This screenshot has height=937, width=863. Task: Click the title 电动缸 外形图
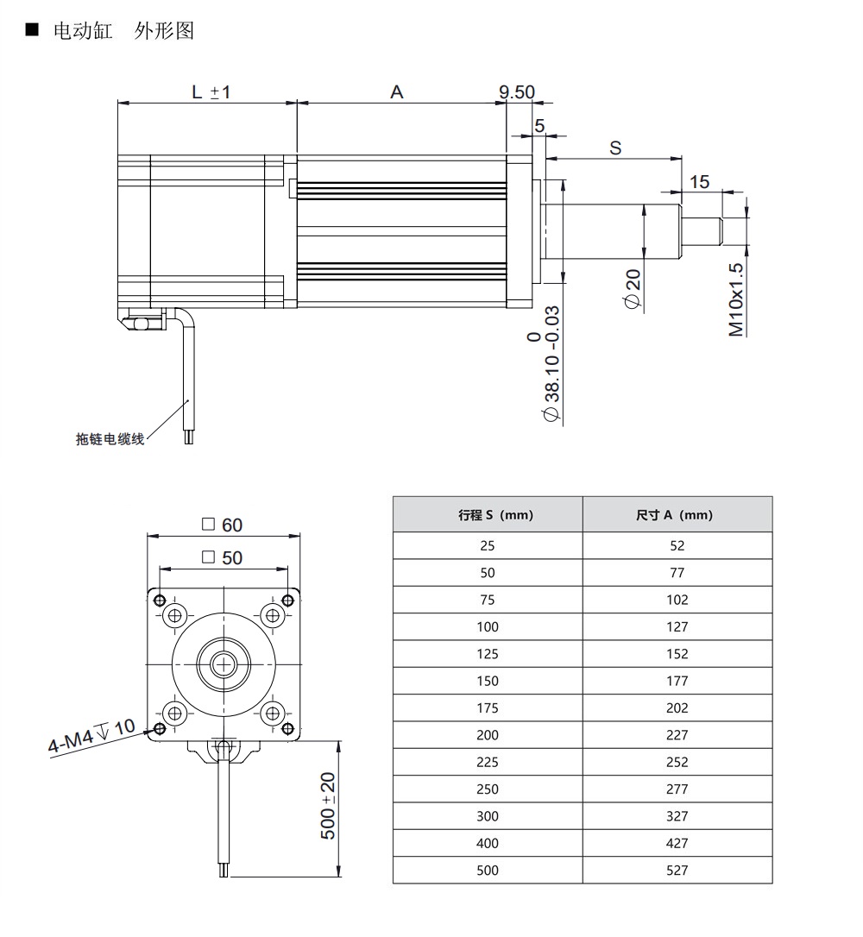(x=123, y=31)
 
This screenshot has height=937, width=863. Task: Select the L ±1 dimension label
(x=211, y=91)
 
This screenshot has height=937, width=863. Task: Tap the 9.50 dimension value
(x=517, y=91)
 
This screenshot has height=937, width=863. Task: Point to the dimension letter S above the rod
(x=615, y=148)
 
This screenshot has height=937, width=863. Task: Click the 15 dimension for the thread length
(x=699, y=181)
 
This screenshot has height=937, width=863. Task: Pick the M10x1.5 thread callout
(x=736, y=299)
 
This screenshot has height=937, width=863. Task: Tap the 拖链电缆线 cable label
(x=110, y=439)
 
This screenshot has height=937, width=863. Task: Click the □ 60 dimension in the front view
(x=222, y=525)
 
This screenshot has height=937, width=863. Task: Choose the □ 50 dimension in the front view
(x=222, y=557)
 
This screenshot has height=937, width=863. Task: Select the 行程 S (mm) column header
(x=488, y=515)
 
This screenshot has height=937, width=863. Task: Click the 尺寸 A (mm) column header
(x=677, y=515)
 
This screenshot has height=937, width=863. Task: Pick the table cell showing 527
(x=677, y=870)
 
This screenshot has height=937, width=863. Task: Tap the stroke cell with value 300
(x=488, y=815)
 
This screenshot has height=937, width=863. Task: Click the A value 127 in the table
(x=677, y=626)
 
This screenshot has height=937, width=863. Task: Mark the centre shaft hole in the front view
(x=224, y=663)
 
